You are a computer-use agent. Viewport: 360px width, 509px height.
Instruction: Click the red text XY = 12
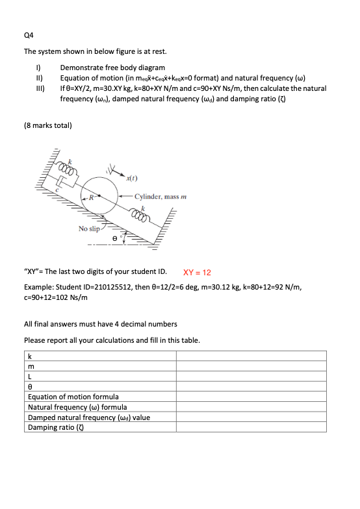[x=202, y=273]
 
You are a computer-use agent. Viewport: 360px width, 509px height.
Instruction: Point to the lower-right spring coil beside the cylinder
[x=140, y=214]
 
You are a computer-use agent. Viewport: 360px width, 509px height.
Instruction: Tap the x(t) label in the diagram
[x=133, y=178]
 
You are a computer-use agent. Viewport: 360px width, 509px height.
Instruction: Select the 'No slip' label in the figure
[x=89, y=229]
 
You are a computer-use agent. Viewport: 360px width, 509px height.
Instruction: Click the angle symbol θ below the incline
[x=116, y=240]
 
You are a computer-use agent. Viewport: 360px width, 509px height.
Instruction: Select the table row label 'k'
[x=30, y=355]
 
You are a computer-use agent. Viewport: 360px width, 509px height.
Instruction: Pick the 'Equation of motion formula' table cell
[x=73, y=396]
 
